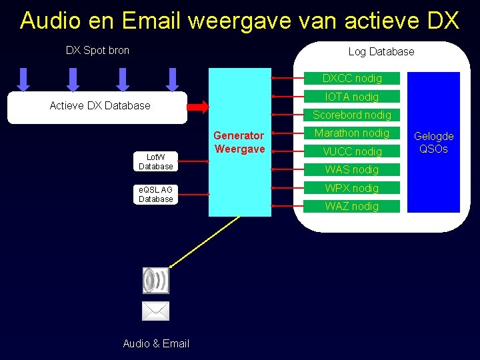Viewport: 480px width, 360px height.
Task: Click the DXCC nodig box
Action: tap(352, 78)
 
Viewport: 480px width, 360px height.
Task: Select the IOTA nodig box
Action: tap(352, 97)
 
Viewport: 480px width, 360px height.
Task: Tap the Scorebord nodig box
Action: tap(352, 115)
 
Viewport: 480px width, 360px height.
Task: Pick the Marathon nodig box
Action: tap(352, 133)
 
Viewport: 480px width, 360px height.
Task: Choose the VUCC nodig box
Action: tap(352, 151)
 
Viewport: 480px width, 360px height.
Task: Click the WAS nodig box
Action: tap(352, 169)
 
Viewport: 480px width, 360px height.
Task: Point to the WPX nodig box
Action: tap(352, 188)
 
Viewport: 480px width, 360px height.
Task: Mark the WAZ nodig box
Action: tap(352, 206)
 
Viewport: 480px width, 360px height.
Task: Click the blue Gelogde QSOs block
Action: tap(433, 142)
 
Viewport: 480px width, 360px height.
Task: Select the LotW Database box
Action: tap(156, 161)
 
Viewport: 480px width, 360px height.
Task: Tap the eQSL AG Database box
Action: tap(156, 194)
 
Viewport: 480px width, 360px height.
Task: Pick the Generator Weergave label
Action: tap(239, 142)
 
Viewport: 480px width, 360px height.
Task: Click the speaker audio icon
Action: tap(156, 280)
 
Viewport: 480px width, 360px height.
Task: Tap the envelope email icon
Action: tap(156, 311)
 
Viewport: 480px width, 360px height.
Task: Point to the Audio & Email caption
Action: tap(156, 343)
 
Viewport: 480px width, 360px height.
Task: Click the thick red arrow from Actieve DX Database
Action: tap(198, 106)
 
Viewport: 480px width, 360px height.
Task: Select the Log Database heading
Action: tap(381, 51)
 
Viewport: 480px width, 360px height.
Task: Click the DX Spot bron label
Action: tap(97, 50)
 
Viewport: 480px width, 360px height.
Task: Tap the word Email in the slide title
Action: tap(150, 21)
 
